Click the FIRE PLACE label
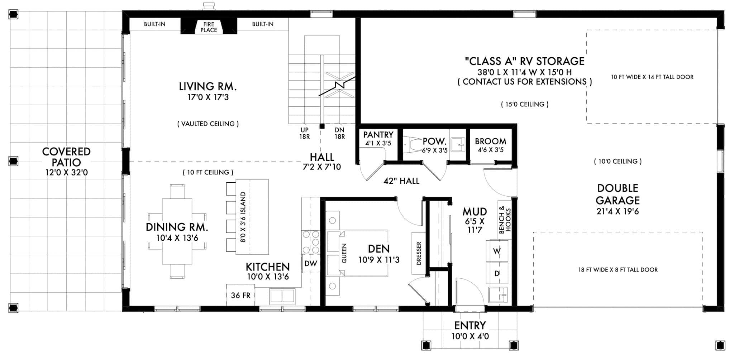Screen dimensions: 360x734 [x=209, y=27]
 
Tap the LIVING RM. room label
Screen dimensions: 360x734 [x=208, y=87]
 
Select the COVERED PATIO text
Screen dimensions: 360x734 [x=66, y=157]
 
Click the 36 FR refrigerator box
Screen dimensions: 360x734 [x=240, y=295]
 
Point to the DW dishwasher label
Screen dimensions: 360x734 [x=310, y=264]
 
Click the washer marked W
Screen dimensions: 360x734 [x=497, y=251]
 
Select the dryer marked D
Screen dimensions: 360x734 [x=497, y=274]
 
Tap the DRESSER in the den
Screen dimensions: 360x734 [x=419, y=254]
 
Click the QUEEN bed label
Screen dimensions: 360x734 [x=344, y=253]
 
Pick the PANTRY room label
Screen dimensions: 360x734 [x=378, y=135]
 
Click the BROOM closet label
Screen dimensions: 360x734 [x=490, y=141]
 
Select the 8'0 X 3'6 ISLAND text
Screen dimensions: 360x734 [x=243, y=217]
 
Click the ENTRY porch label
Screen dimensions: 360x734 [x=470, y=326]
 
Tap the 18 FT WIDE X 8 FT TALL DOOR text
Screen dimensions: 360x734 [x=618, y=270]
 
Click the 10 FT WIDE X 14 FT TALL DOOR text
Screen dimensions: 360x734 [x=652, y=77]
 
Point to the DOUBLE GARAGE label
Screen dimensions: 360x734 [x=618, y=194]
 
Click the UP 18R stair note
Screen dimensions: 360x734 [x=305, y=133]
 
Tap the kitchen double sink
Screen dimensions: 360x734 [x=282, y=296]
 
